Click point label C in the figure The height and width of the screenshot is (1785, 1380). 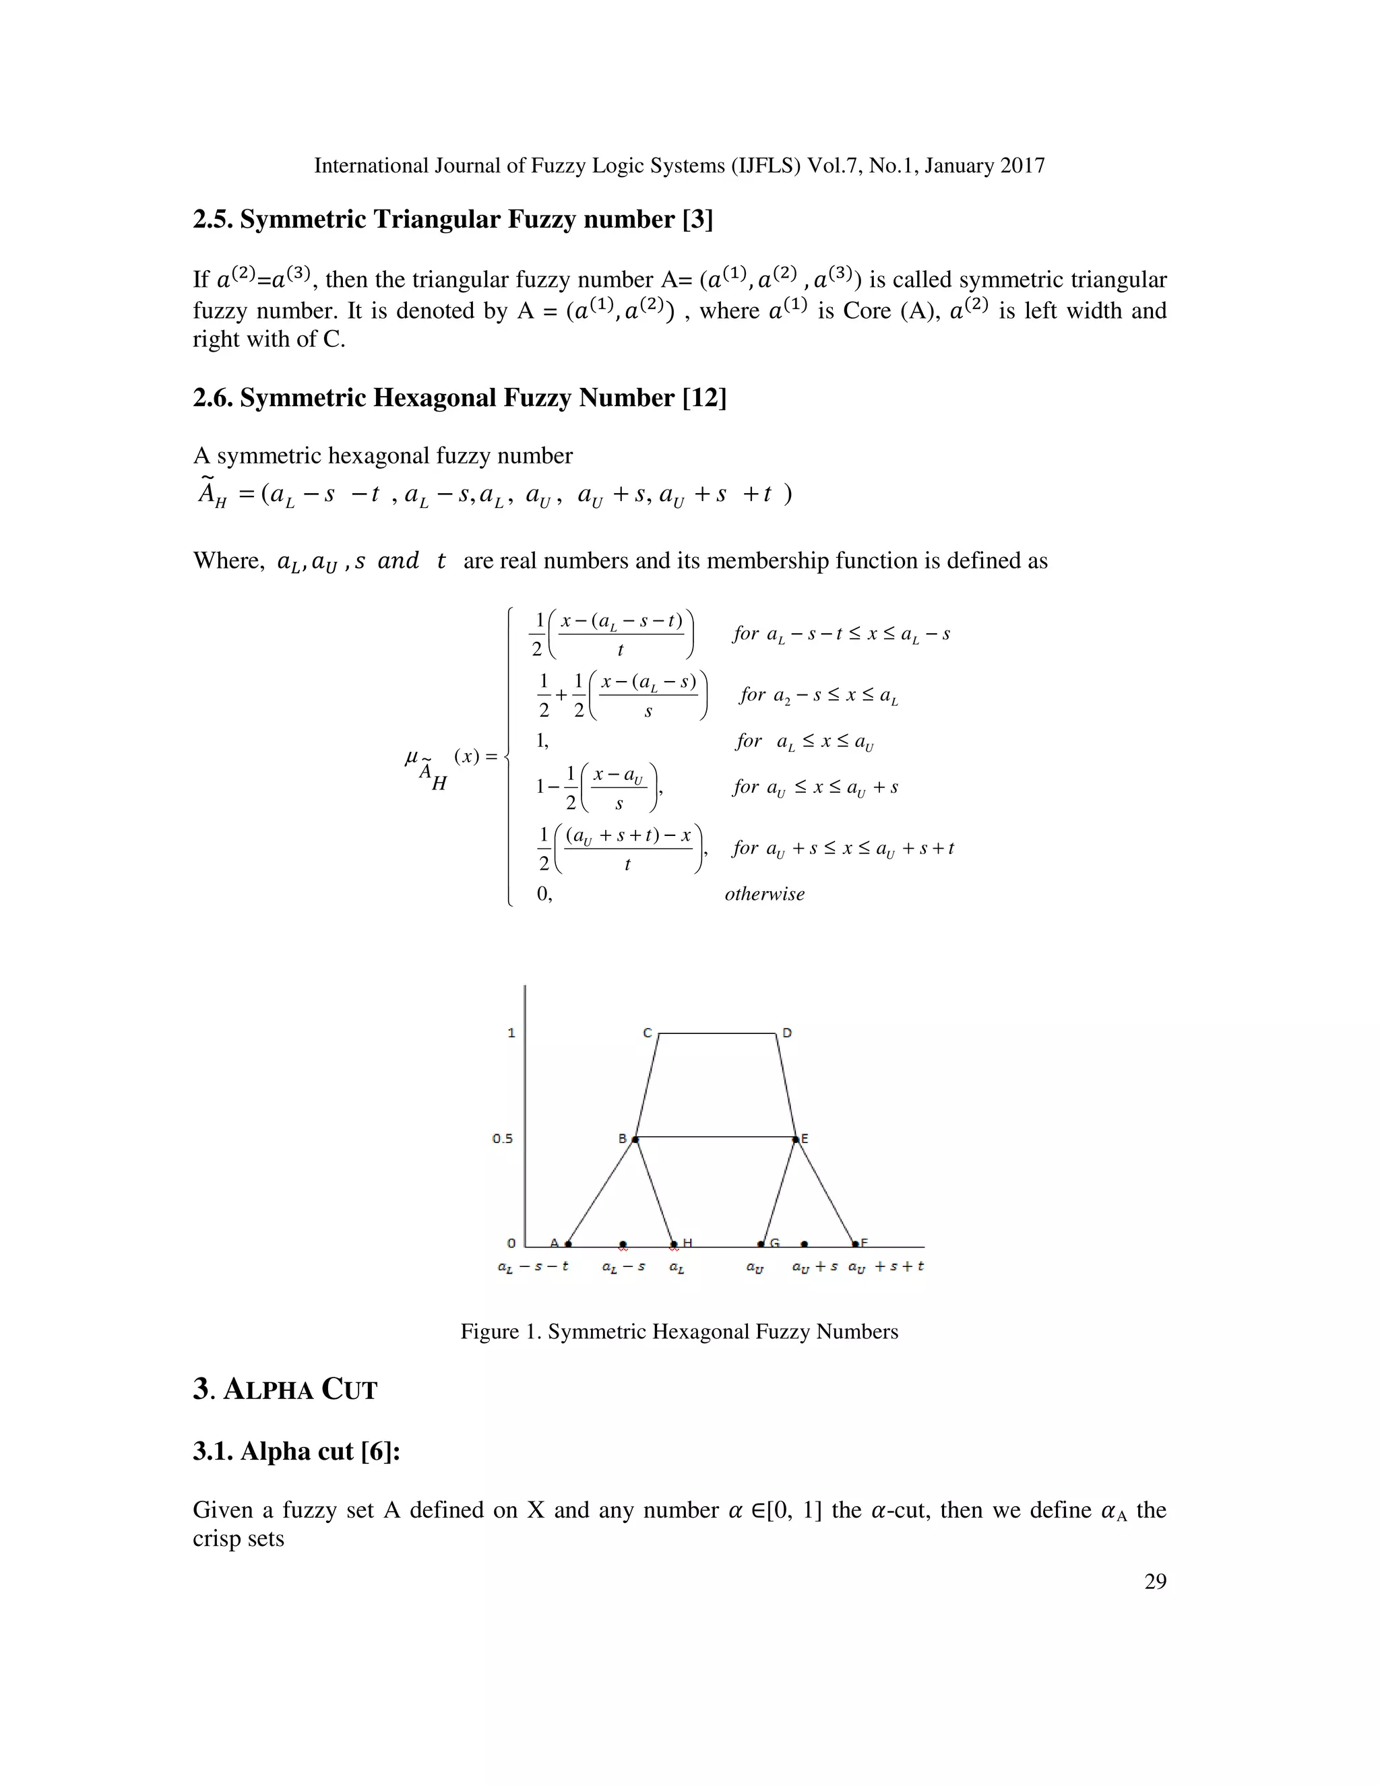[648, 1033]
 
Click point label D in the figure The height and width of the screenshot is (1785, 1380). [786, 1033]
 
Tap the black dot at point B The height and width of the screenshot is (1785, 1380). [635, 1138]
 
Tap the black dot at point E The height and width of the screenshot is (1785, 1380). [796, 1138]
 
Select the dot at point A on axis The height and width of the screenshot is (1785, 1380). [568, 1244]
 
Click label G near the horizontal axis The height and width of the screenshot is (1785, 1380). [774, 1243]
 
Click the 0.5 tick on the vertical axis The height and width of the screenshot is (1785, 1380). [502, 1138]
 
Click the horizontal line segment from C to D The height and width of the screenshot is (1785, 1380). [717, 1034]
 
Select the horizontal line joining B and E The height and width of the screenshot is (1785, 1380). [716, 1137]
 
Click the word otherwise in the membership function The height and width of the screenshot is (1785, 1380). [764, 893]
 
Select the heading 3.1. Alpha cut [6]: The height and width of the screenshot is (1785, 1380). [296, 1451]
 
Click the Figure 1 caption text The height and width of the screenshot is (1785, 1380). [679, 1332]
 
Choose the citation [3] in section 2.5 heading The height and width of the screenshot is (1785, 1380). [697, 219]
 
